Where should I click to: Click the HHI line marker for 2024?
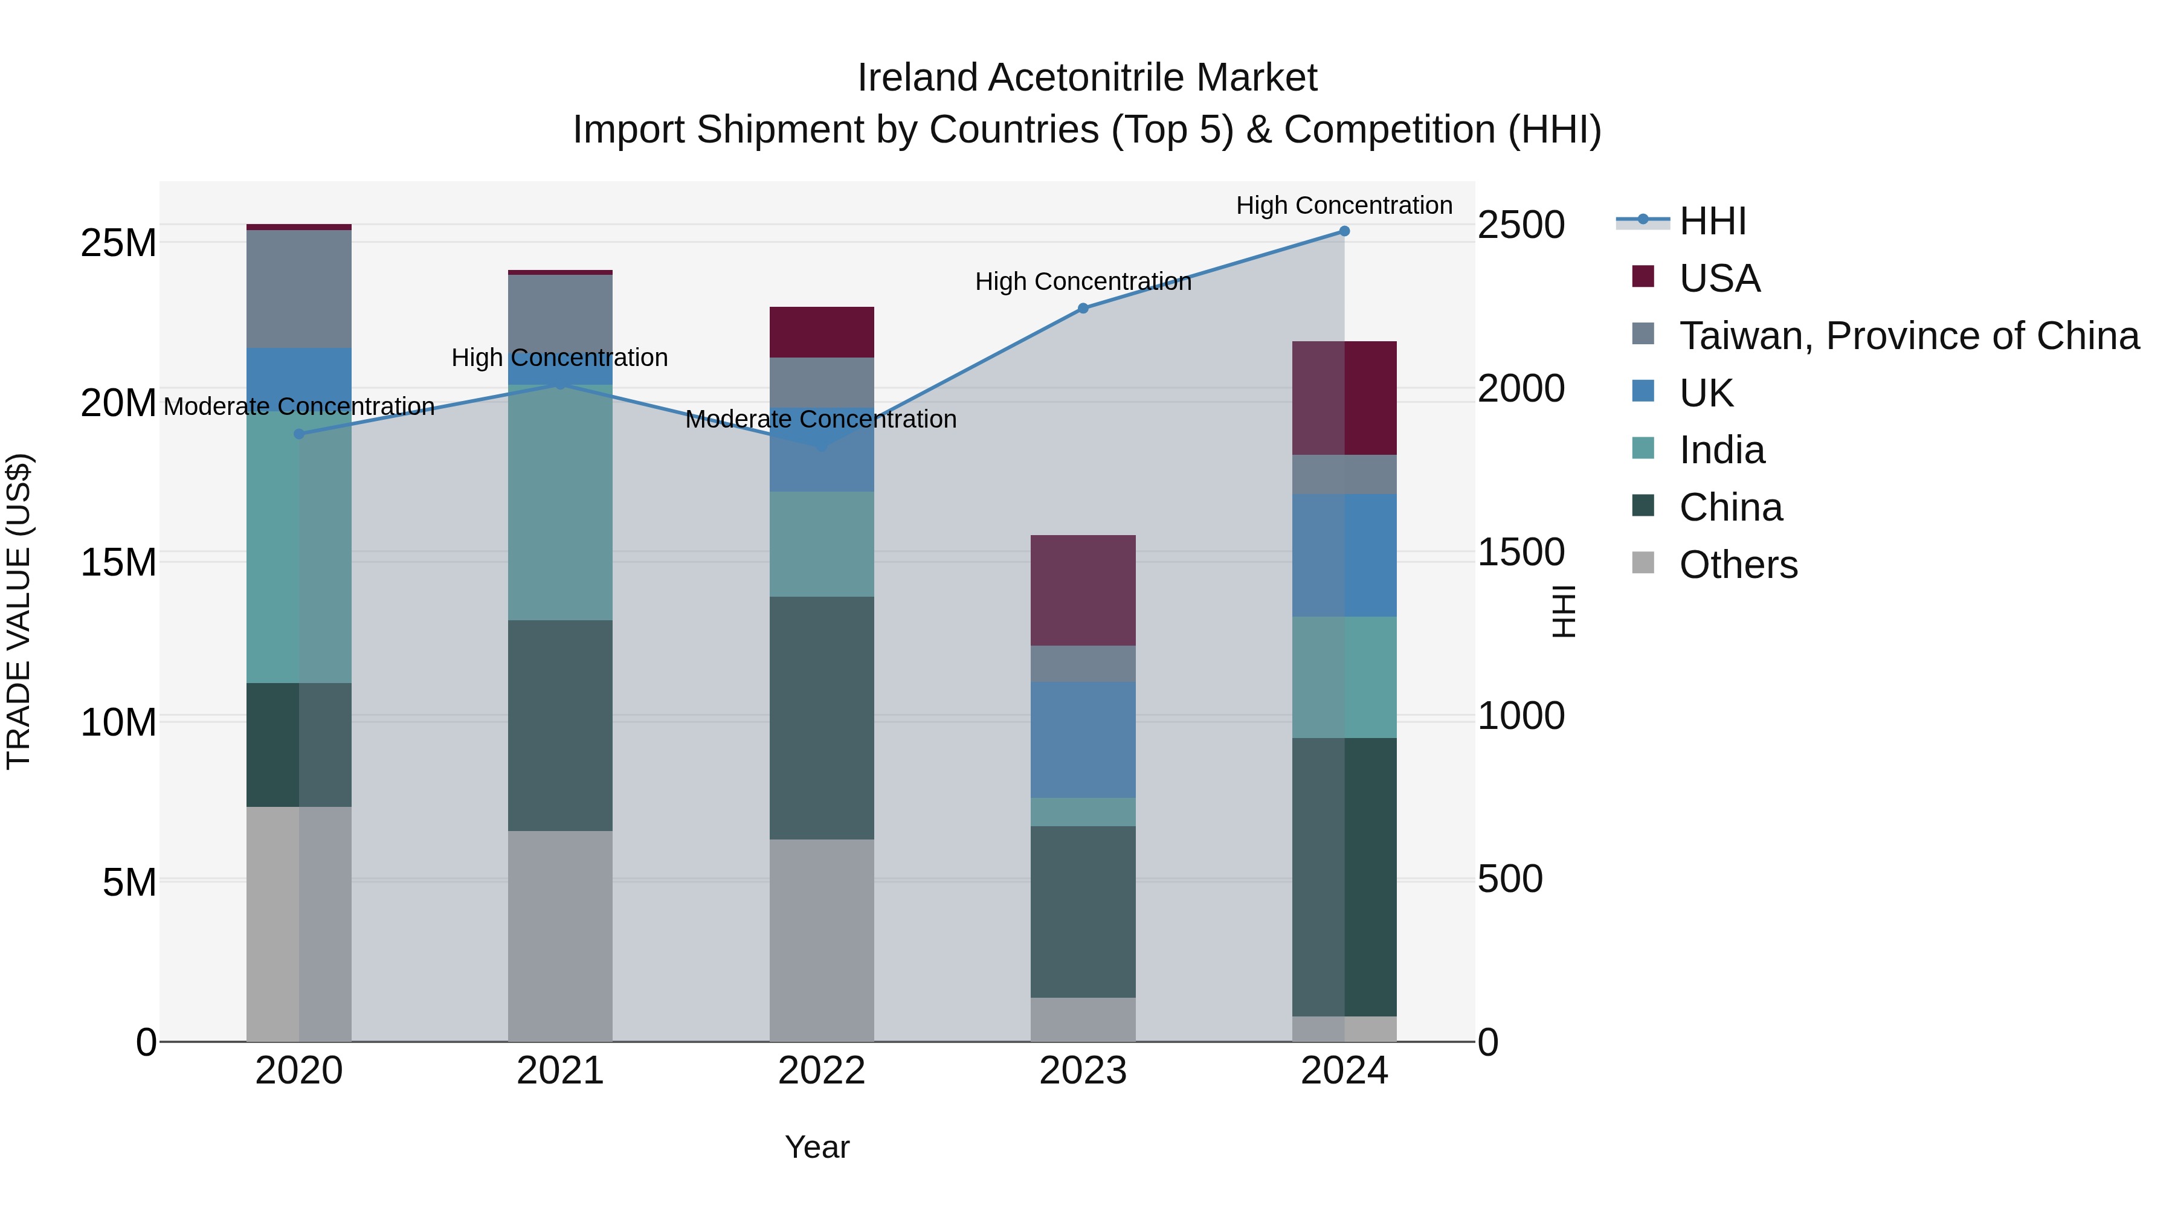(1344, 231)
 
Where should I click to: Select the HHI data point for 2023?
(1083, 309)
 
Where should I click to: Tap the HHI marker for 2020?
(299, 434)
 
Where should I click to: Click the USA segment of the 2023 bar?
(1083, 590)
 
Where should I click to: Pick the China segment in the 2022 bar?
(822, 717)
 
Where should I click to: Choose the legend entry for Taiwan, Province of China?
(1908, 336)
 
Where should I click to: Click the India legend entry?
(1722, 450)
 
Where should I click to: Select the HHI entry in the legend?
(1712, 221)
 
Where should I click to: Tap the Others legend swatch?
(1643, 563)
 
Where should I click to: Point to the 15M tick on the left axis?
(118, 562)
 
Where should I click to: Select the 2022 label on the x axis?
(822, 1071)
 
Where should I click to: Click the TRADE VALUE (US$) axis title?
(19, 611)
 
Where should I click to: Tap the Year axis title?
(816, 1147)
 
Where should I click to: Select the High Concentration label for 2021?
(560, 358)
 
